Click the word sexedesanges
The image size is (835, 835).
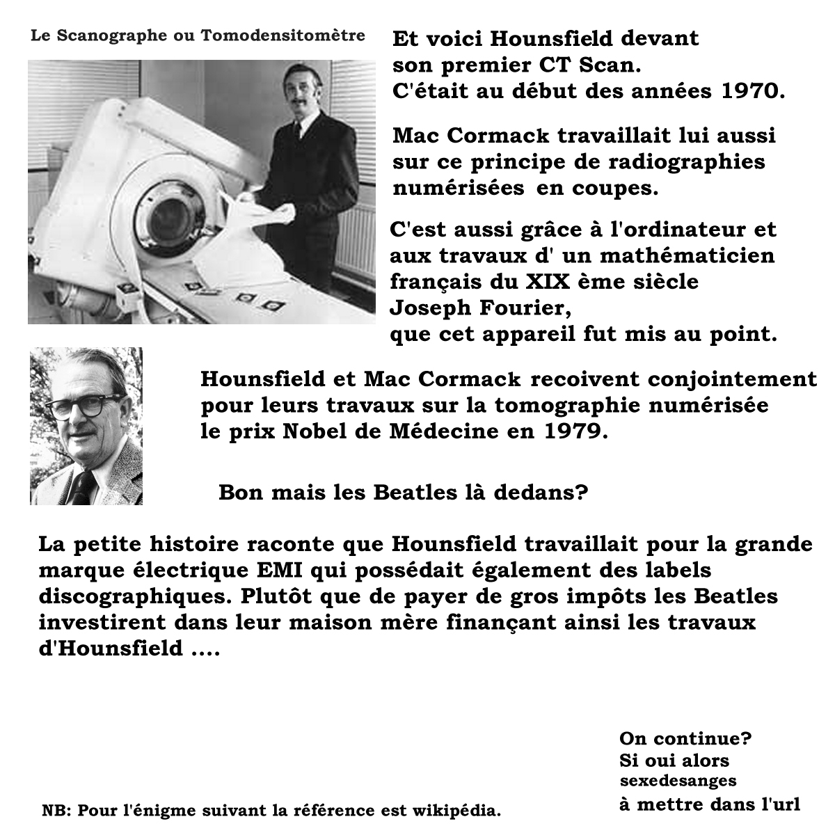(x=678, y=781)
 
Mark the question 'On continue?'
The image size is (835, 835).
(x=685, y=738)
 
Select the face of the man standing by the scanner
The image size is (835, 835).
(x=304, y=94)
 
